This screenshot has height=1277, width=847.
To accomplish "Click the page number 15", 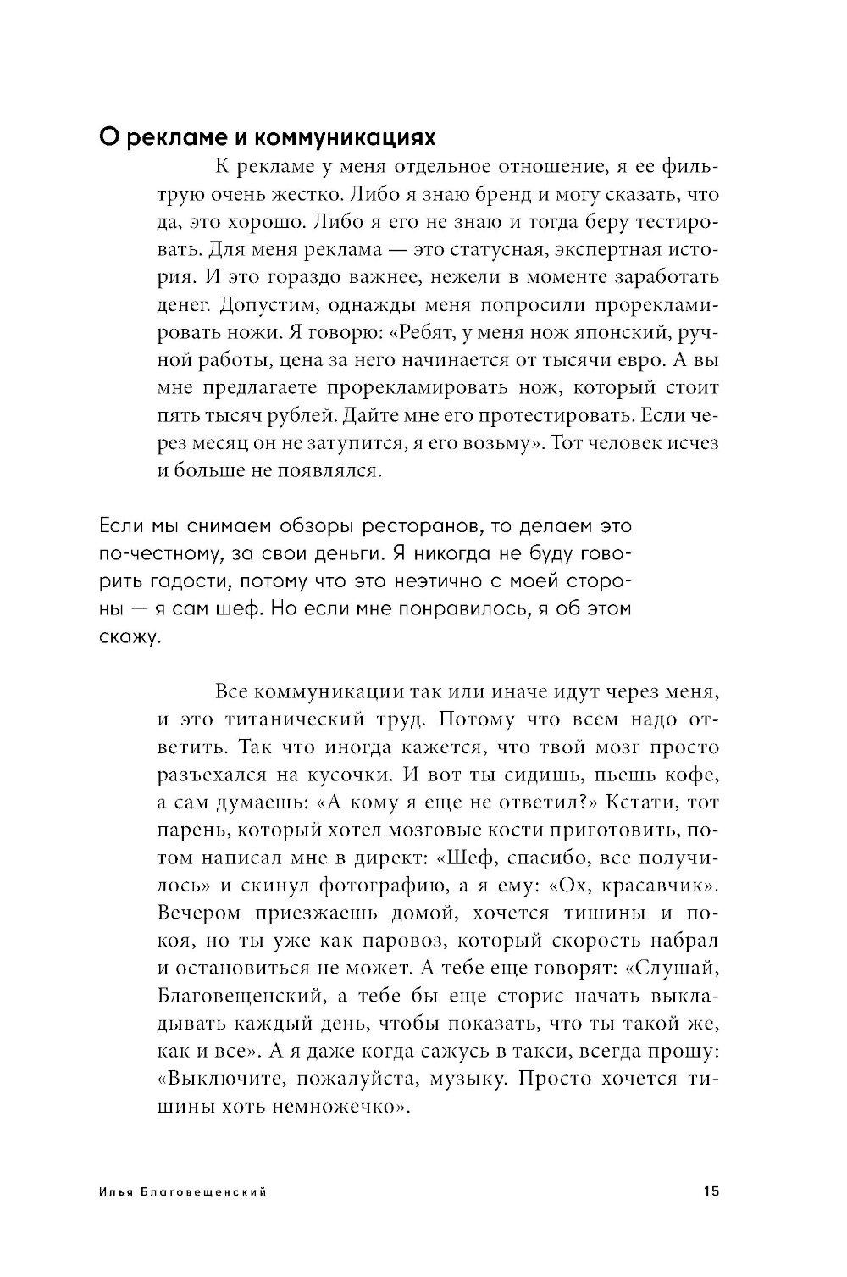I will point(710,1191).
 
